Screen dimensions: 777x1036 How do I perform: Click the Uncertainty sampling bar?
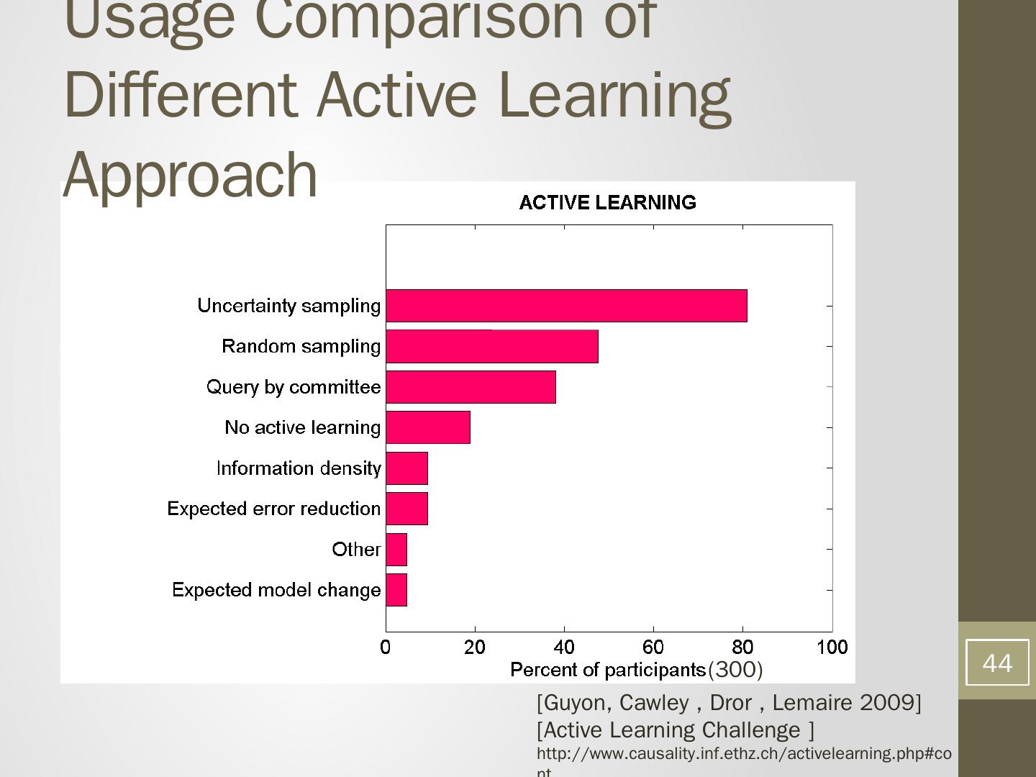[x=566, y=306]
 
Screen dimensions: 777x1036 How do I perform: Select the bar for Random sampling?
[x=492, y=346]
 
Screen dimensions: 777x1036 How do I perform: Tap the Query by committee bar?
[x=471, y=387]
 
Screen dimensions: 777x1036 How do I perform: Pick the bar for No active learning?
[x=428, y=427]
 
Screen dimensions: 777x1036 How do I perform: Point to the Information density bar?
[x=406, y=468]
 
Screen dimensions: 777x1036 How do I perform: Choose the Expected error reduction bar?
[x=406, y=509]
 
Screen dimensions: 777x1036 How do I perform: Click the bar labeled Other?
[x=396, y=550]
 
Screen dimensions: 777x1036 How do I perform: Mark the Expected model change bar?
[x=396, y=590]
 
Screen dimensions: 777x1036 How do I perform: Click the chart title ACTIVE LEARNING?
[x=607, y=203]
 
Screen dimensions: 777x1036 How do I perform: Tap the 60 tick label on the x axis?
[x=653, y=647]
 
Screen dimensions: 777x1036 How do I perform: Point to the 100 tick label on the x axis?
[x=832, y=647]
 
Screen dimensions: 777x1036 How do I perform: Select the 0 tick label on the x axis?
[x=386, y=647]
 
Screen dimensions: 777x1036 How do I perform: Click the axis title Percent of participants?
[x=607, y=670]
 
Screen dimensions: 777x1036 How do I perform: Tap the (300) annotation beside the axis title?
[x=735, y=670]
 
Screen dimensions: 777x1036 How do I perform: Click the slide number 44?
[x=996, y=663]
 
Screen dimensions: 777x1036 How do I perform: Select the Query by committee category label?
[x=294, y=387]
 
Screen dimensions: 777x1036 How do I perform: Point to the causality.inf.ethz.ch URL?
[x=743, y=753]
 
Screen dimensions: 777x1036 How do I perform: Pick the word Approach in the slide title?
[x=191, y=175]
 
